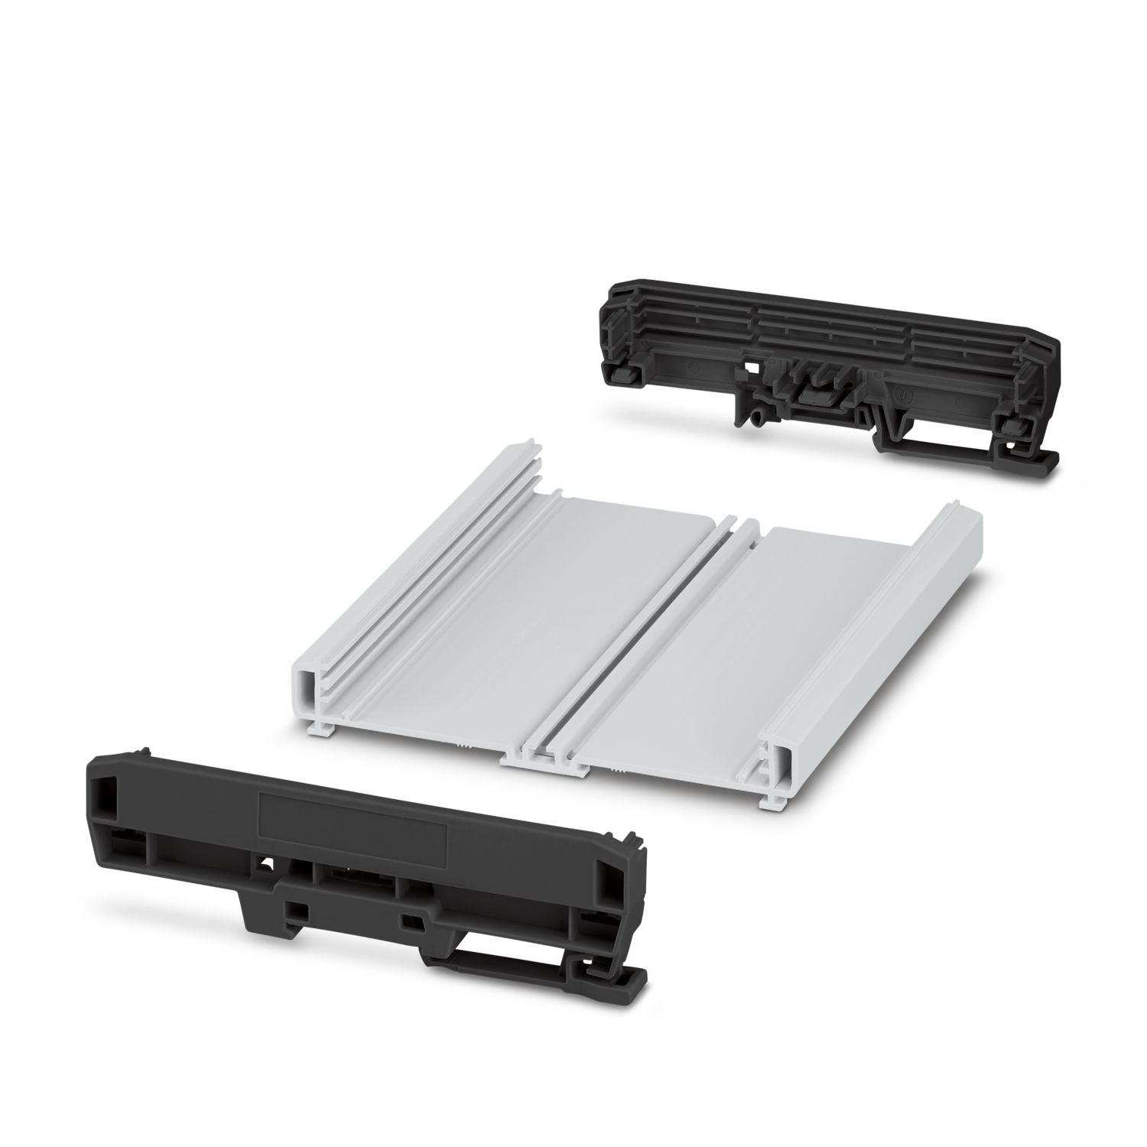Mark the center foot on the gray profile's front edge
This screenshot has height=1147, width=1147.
(544, 765)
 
